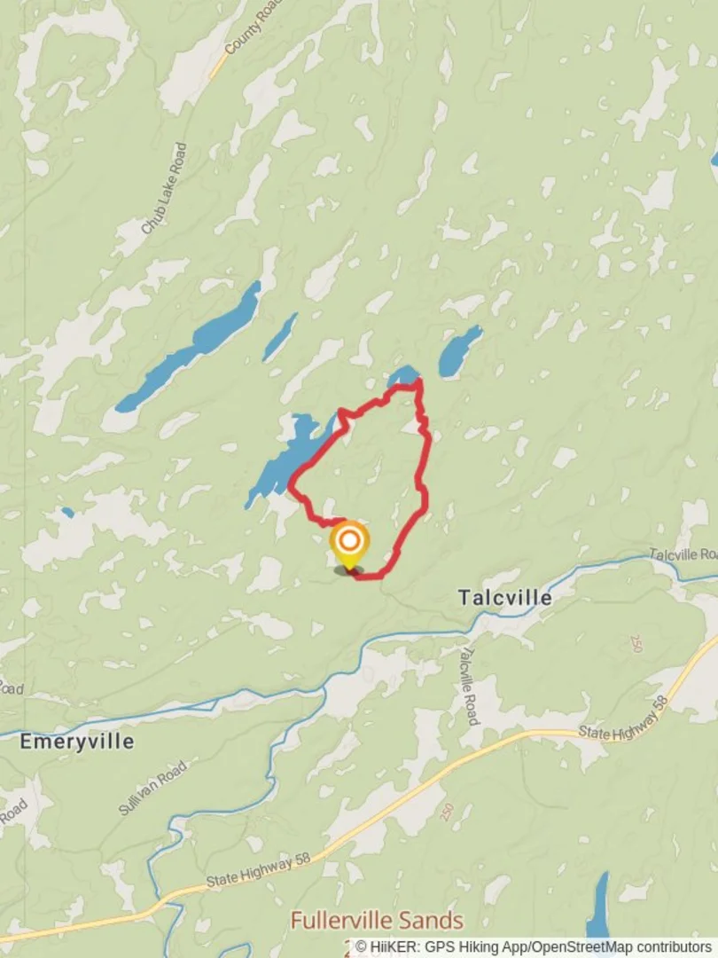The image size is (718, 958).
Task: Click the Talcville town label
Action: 505,598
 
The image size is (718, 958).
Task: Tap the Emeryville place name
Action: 77,742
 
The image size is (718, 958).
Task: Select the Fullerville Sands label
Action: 377,921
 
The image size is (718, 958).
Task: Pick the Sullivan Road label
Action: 153,788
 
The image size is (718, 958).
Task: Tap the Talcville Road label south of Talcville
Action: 469,684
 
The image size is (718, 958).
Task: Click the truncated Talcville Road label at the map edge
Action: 682,554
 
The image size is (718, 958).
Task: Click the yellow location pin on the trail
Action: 349,543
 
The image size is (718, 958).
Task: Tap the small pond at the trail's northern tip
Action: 403,376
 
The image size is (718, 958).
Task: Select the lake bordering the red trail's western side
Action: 288,457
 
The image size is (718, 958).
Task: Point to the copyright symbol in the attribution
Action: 362,947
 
